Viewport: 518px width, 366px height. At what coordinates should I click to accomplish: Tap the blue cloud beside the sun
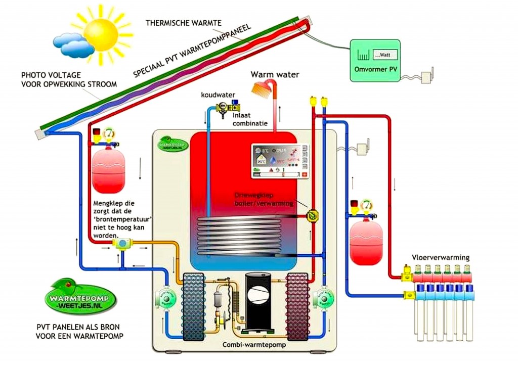coord(74,45)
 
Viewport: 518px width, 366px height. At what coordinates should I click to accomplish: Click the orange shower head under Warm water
coord(261,88)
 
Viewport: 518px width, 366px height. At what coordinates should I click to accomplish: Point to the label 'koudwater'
coord(216,95)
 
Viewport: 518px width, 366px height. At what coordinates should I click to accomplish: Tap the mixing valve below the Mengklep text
coord(122,244)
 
